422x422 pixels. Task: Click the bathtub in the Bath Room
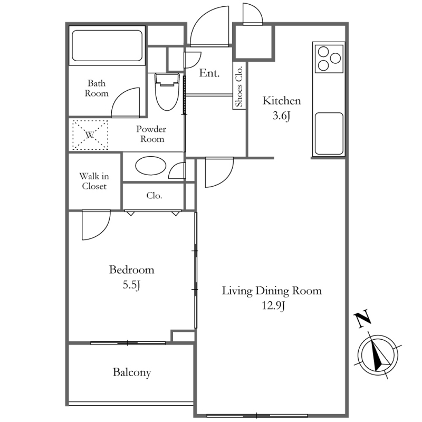pyautogui.click(x=107, y=45)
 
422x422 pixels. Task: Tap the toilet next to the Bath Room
pyautogui.click(x=167, y=91)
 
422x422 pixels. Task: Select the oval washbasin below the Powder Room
pyautogui.click(x=151, y=166)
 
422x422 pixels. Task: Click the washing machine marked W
pyautogui.click(x=90, y=135)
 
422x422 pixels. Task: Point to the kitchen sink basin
pyautogui.click(x=329, y=134)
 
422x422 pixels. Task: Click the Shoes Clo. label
pyautogui.click(x=239, y=86)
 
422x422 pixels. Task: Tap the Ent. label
pyautogui.click(x=209, y=73)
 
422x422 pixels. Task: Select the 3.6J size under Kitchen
pyautogui.click(x=282, y=116)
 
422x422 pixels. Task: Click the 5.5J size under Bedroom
pyautogui.click(x=131, y=285)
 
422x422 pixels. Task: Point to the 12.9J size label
pyautogui.click(x=273, y=306)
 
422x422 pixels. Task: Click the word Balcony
pyautogui.click(x=132, y=372)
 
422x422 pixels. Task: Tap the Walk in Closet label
pyautogui.click(x=94, y=181)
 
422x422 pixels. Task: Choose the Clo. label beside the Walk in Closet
pyautogui.click(x=154, y=195)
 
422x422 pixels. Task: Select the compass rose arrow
pyautogui.click(x=378, y=355)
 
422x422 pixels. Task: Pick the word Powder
pyautogui.click(x=151, y=129)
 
